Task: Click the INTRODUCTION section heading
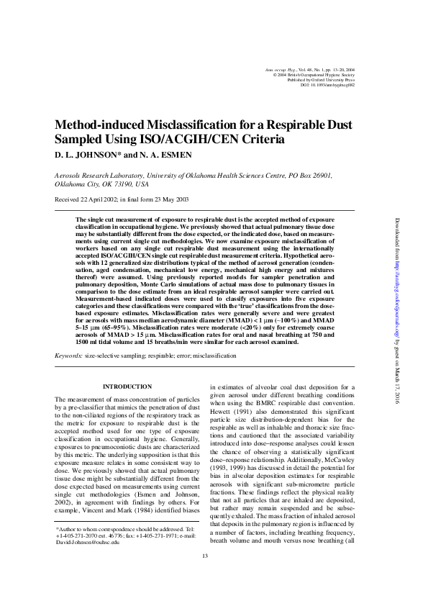[127, 386]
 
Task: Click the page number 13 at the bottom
[204, 576]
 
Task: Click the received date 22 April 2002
[98, 199]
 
